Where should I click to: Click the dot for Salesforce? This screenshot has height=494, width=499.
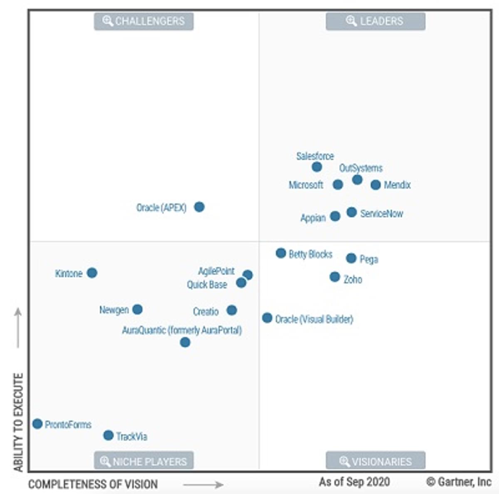[x=316, y=167]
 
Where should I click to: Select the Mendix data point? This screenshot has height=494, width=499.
[x=375, y=185]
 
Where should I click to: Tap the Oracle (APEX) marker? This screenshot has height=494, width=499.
[x=199, y=207]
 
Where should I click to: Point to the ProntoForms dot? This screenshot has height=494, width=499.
[x=37, y=424]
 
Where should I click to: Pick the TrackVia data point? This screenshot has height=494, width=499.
[x=108, y=435]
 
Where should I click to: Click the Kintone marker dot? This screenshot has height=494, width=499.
[x=92, y=273]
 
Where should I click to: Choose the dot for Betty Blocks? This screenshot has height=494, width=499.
[x=281, y=253]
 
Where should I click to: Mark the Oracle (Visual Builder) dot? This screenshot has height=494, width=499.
[x=267, y=318]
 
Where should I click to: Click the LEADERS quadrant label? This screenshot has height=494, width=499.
[x=375, y=21]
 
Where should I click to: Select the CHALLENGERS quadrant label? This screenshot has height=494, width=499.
[x=144, y=21]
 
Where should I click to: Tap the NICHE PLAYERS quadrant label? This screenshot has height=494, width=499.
[x=144, y=461]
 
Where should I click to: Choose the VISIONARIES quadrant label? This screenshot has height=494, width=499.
[x=375, y=461]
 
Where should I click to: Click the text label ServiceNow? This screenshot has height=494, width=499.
[x=381, y=214]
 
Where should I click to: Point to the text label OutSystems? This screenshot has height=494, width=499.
[x=361, y=168]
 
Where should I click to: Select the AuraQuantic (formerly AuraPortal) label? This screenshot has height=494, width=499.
[x=182, y=330]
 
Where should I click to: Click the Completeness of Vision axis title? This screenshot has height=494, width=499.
[x=93, y=484]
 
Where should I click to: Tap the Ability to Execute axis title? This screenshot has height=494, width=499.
[x=18, y=422]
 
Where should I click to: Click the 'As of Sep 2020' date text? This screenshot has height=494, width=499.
[x=354, y=482]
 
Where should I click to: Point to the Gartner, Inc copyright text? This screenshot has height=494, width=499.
[x=459, y=482]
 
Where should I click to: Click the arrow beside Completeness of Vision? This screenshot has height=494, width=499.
[x=203, y=485]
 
